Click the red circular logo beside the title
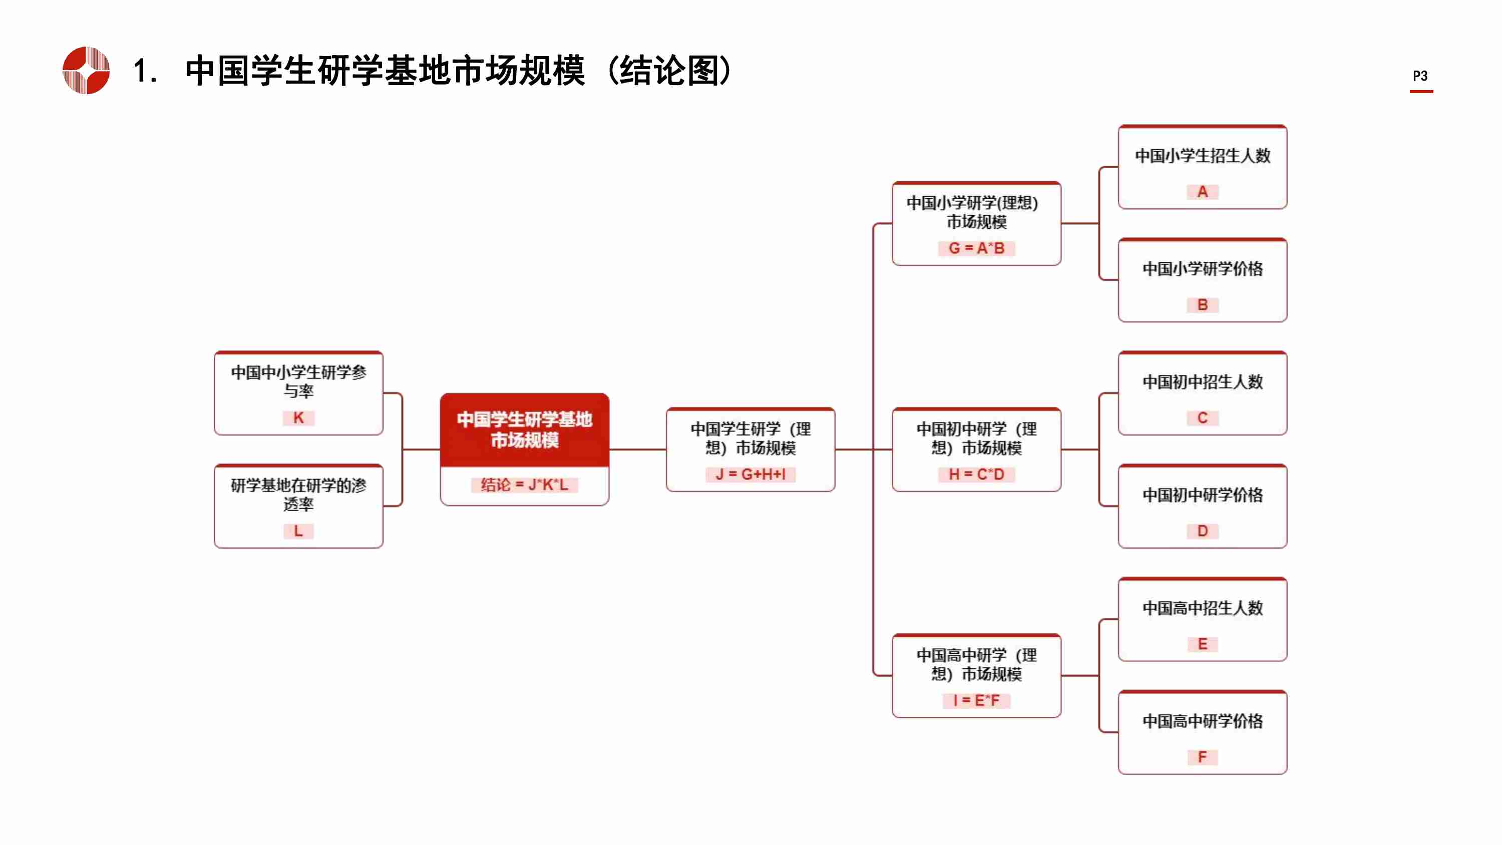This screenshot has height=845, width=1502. (x=86, y=70)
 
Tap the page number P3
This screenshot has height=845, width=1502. (x=1420, y=76)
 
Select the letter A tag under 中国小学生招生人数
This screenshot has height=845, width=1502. (x=1202, y=192)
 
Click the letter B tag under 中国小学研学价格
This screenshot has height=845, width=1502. (x=1202, y=305)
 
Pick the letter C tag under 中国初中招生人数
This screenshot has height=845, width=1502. (x=1202, y=418)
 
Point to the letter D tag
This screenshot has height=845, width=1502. (x=1202, y=531)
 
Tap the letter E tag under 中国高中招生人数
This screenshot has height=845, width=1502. (x=1202, y=644)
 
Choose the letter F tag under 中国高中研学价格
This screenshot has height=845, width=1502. (x=1202, y=757)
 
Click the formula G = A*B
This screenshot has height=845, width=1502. (x=976, y=248)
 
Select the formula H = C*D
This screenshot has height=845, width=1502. (x=976, y=475)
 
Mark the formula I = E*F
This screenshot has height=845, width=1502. (x=976, y=700)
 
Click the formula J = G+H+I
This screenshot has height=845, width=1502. (x=750, y=475)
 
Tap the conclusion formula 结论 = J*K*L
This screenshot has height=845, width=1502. (x=524, y=485)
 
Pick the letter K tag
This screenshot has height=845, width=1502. (x=298, y=418)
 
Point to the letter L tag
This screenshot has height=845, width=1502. (x=298, y=531)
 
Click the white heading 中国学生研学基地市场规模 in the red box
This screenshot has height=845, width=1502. (x=524, y=429)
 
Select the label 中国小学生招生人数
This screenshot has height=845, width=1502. (x=1202, y=156)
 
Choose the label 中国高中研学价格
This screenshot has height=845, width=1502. (x=1202, y=721)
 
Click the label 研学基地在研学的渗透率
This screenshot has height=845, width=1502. (x=298, y=495)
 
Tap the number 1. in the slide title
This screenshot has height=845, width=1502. (x=145, y=71)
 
